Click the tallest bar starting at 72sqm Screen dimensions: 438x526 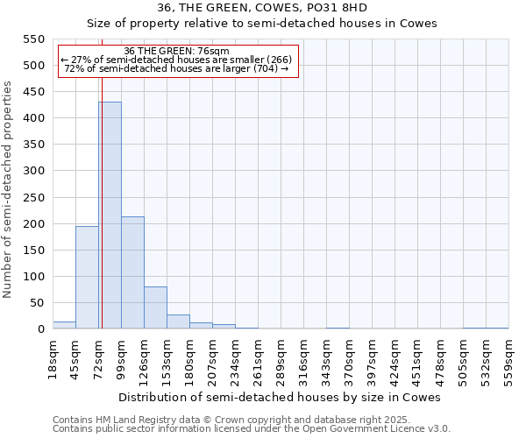point(110,215)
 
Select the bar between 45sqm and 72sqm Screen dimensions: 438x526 point(87,278)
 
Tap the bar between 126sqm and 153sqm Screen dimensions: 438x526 point(155,307)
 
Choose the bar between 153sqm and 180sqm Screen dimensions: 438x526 point(178,321)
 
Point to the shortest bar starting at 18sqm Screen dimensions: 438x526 point(64,325)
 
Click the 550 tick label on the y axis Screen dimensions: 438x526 point(32,39)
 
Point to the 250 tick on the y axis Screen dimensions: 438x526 point(32,197)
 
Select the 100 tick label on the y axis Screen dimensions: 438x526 point(32,277)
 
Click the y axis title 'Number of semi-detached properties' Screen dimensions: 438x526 point(8,188)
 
